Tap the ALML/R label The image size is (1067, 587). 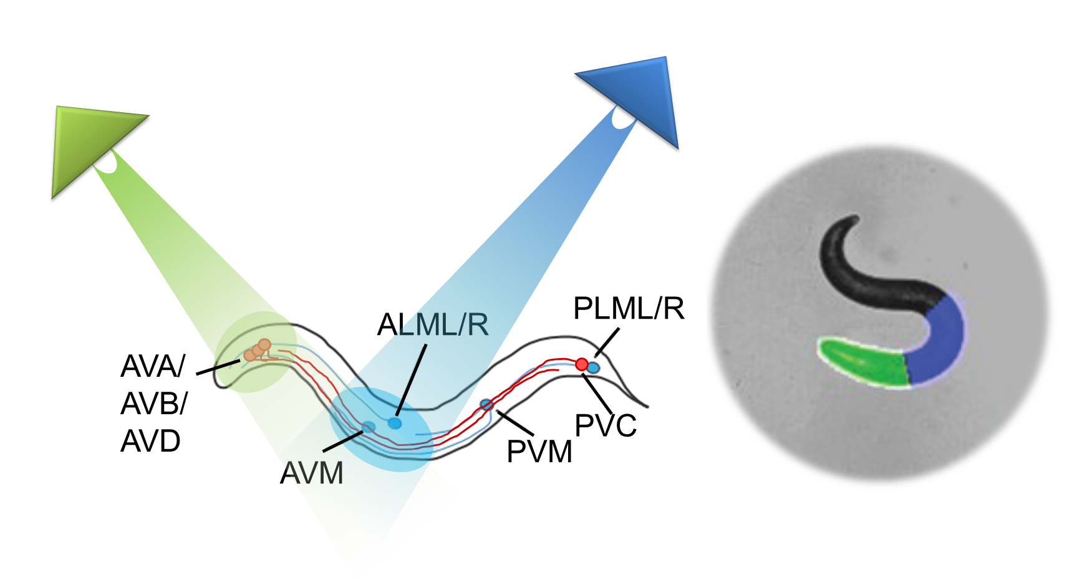433,325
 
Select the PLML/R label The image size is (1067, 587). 629,309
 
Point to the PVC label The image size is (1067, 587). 606,426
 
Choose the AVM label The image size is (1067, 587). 312,473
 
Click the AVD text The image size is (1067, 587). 151,442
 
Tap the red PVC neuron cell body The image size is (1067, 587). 581,364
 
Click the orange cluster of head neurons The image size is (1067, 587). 258,350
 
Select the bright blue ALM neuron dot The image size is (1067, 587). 394,424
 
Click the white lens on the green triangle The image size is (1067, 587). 106,163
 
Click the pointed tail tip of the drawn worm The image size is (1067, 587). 647,406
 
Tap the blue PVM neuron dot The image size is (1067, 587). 486,405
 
